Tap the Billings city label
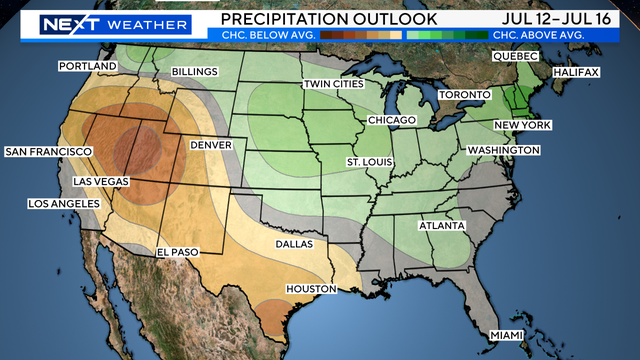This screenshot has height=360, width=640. point(195,73)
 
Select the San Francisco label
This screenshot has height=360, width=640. point(44,152)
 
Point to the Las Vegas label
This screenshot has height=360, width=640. point(101,182)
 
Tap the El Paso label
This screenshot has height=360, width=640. point(178,253)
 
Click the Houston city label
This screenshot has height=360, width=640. point(309,289)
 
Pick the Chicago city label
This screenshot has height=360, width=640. point(391,120)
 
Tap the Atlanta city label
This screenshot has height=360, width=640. point(441,226)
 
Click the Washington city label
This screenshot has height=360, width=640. point(503,150)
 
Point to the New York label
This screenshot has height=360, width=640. point(522,125)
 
